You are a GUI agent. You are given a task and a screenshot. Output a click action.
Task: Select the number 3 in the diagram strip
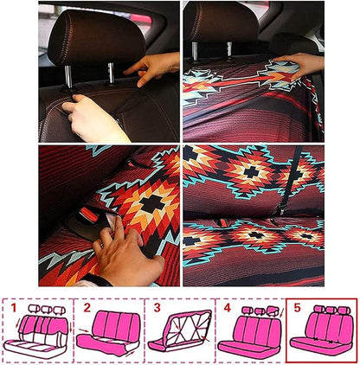coord(156,308)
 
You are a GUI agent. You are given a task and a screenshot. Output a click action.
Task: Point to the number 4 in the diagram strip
coord(227,308)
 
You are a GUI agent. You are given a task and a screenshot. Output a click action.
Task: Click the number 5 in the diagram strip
coord(297,308)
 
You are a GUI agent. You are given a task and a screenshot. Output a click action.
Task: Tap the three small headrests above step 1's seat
coord(41,311)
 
